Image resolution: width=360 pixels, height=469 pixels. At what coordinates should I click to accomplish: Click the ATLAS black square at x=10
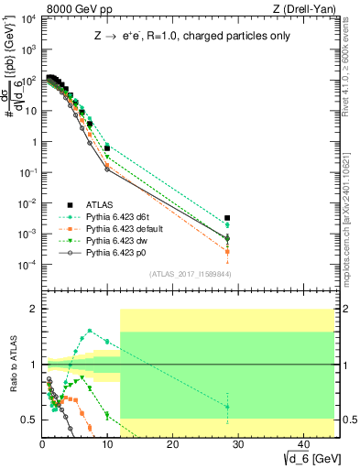(107, 147)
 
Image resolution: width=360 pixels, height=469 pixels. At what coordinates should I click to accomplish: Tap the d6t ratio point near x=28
(227, 407)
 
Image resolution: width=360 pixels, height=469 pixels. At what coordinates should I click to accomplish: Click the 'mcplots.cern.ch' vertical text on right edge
(353, 211)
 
